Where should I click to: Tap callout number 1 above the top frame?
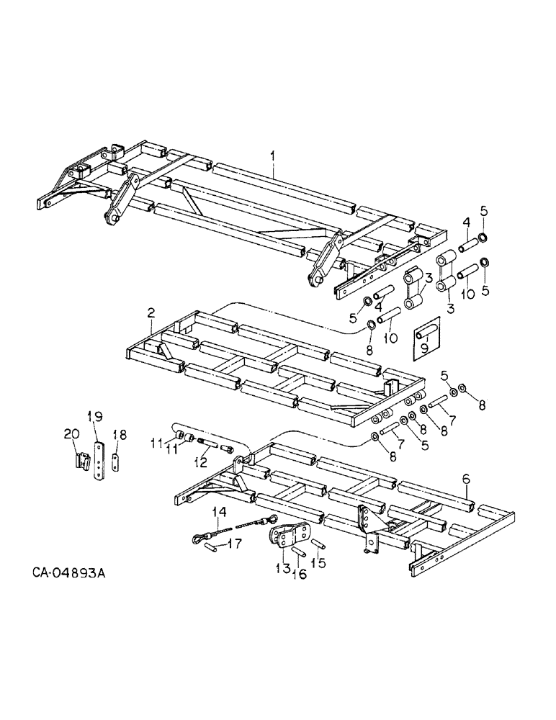click(x=273, y=155)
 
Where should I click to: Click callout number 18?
click(x=120, y=435)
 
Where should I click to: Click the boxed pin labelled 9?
click(x=425, y=332)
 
